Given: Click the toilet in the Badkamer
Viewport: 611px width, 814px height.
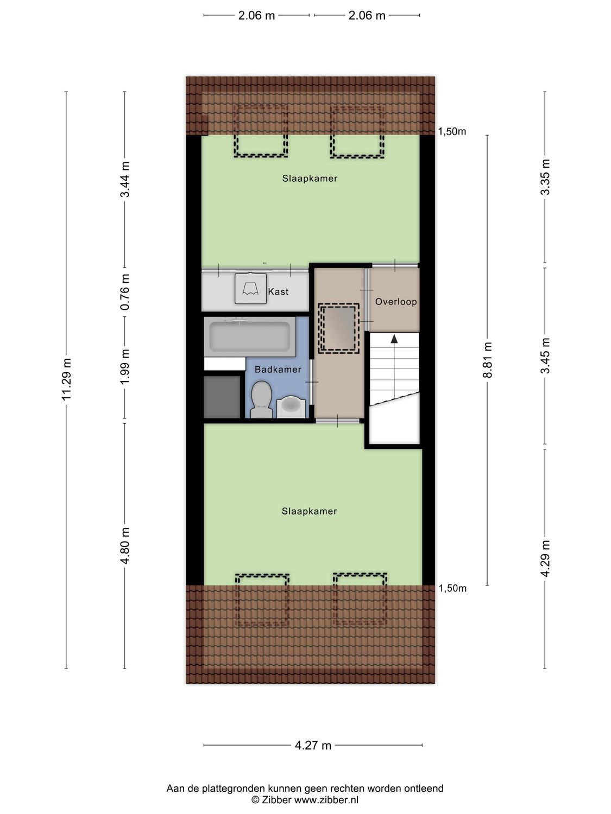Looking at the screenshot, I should click(x=261, y=399).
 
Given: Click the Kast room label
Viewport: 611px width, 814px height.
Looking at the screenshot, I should click(x=278, y=292).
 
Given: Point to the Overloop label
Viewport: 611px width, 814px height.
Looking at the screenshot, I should click(x=396, y=301).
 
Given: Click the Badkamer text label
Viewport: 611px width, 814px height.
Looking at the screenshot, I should click(x=278, y=370).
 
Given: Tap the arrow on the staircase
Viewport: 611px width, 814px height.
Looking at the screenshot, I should click(x=394, y=339).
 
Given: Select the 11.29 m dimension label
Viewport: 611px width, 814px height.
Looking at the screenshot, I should click(x=66, y=379).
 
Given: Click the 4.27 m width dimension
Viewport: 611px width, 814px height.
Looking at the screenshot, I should click(x=313, y=745).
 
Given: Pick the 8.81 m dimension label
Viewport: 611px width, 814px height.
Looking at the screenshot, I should click(x=487, y=360).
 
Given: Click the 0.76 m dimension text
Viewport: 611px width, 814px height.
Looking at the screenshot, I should click(x=125, y=292).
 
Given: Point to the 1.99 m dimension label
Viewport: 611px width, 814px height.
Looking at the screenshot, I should click(x=125, y=367).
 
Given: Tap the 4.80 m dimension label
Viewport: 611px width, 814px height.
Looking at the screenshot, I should click(x=125, y=545).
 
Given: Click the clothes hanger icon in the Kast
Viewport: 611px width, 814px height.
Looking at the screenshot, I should click(x=250, y=288).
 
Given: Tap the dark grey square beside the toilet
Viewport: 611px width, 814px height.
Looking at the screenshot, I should click(x=222, y=397).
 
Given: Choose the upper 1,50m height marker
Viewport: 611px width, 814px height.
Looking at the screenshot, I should click(x=452, y=131).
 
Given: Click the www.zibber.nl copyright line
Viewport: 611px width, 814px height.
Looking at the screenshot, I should click(x=305, y=799).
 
